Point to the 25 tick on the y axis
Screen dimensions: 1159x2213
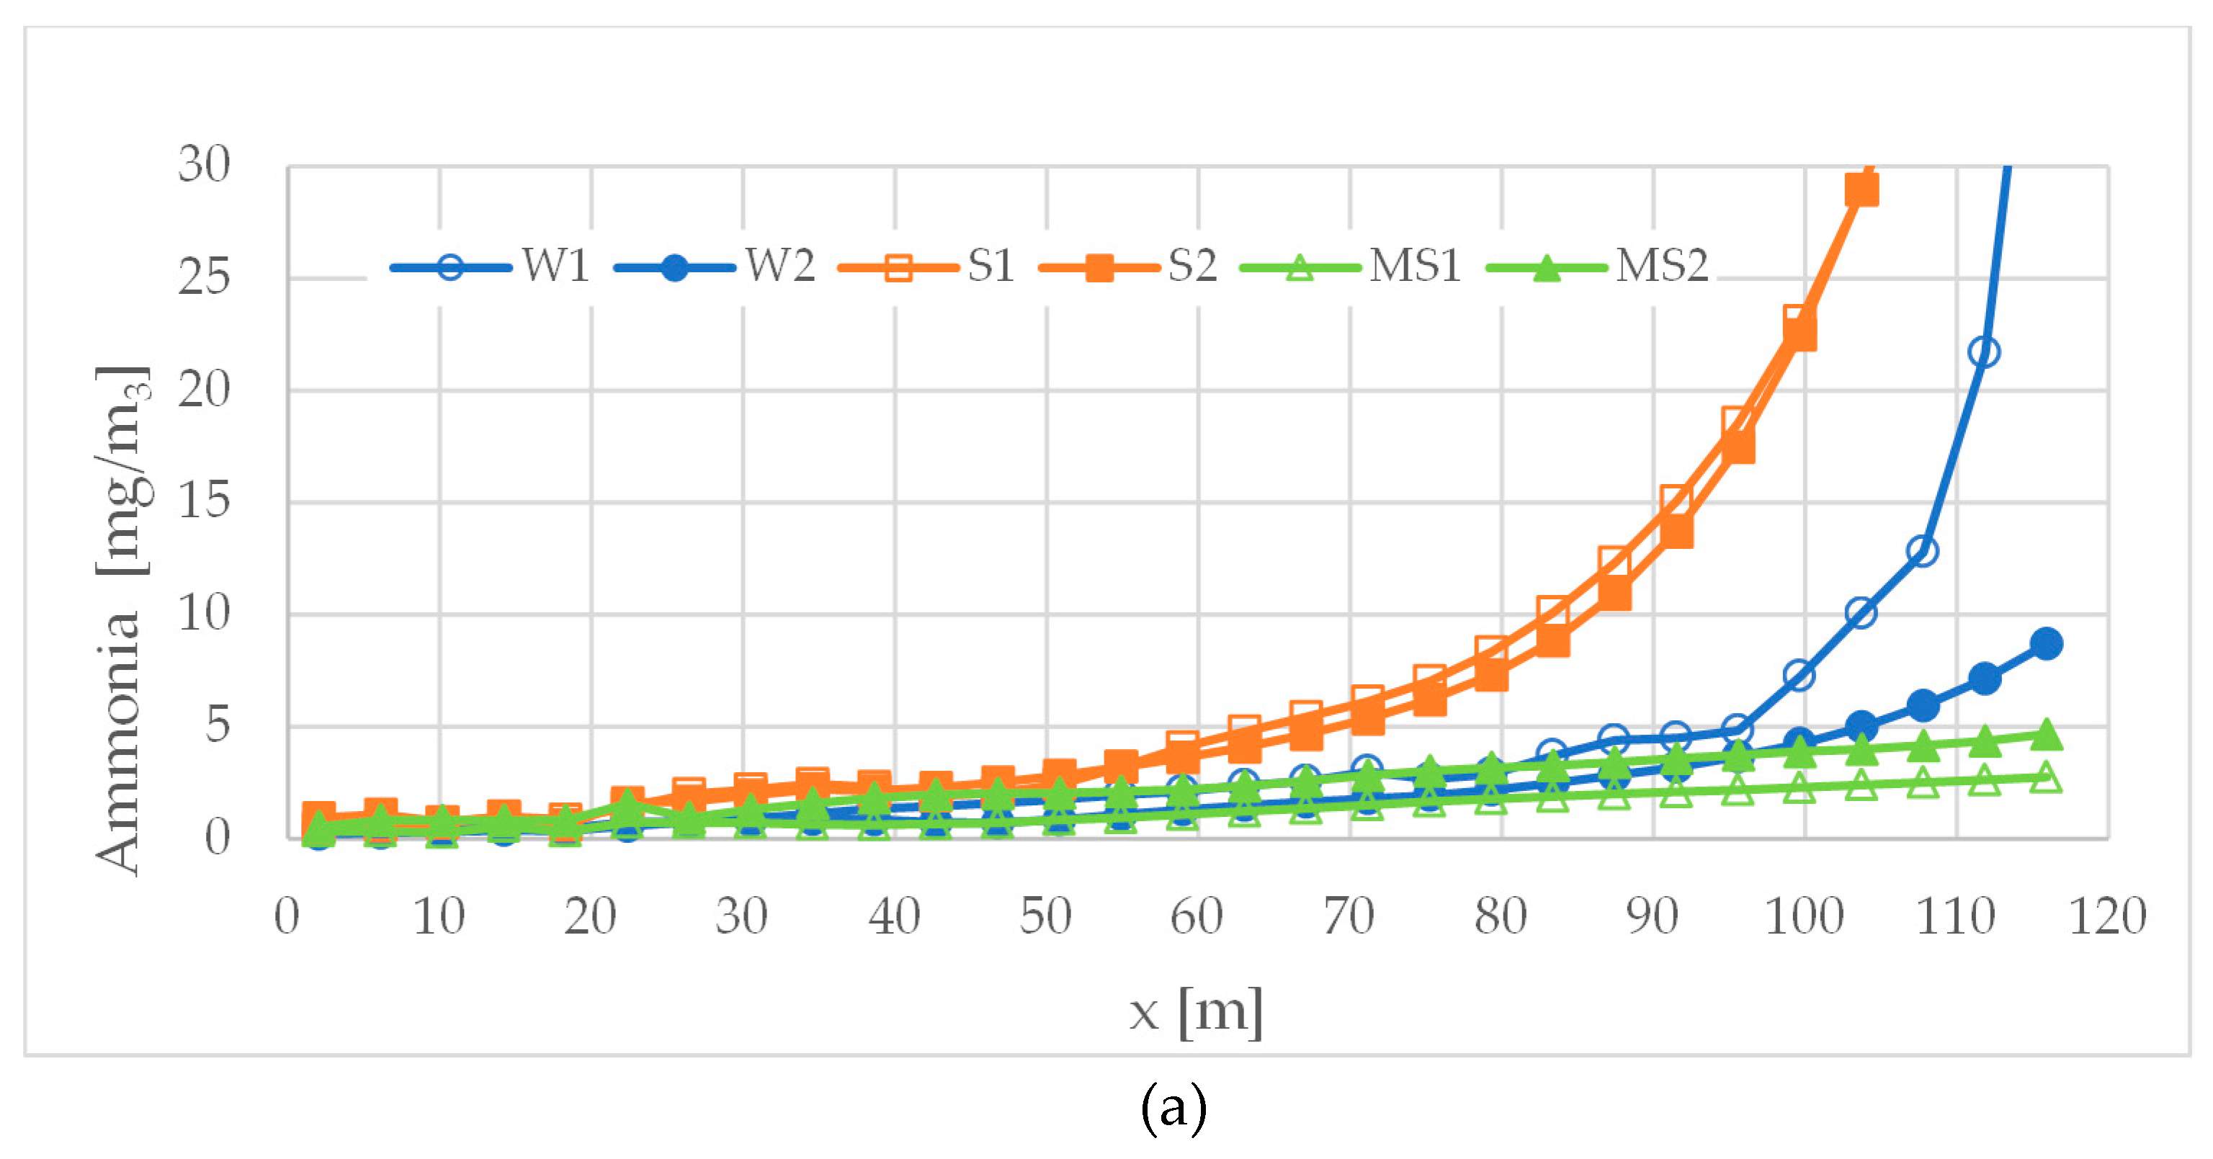pyautogui.click(x=205, y=277)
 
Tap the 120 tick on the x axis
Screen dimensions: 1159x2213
pyautogui.click(x=2106, y=917)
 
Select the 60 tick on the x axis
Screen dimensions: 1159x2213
pyautogui.click(x=1197, y=917)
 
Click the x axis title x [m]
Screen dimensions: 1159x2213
pyautogui.click(x=1196, y=1012)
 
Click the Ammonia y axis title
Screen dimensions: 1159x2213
pyautogui.click(x=120, y=620)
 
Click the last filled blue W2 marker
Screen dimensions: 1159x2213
pyautogui.click(x=2047, y=643)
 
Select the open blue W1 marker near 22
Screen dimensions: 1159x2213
pyautogui.click(x=1984, y=352)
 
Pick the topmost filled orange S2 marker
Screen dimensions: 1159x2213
pyautogui.click(x=1861, y=189)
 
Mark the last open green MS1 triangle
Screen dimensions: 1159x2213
pyautogui.click(x=2047, y=777)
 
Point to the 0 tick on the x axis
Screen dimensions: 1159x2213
pyautogui.click(x=287, y=917)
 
